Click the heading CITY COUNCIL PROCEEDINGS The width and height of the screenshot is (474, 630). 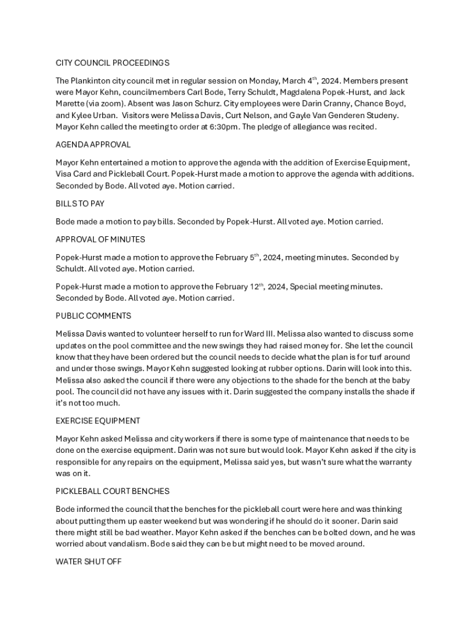(x=113, y=63)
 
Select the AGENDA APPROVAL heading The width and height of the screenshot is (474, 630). (x=93, y=145)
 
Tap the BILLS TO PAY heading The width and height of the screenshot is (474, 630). (x=80, y=204)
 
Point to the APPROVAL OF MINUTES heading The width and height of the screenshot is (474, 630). (x=100, y=239)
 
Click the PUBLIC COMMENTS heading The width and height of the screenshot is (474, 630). (x=93, y=316)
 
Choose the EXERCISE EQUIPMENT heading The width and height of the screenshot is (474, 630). (x=98, y=421)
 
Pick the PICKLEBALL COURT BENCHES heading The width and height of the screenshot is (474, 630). (x=113, y=492)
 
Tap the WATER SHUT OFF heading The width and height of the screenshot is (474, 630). (x=89, y=562)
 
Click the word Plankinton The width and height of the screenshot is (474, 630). (x=93, y=81)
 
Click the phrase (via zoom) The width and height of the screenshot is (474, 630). (x=106, y=104)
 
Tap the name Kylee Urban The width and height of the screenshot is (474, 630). (x=91, y=116)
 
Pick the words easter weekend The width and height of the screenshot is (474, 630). (x=142, y=521)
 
